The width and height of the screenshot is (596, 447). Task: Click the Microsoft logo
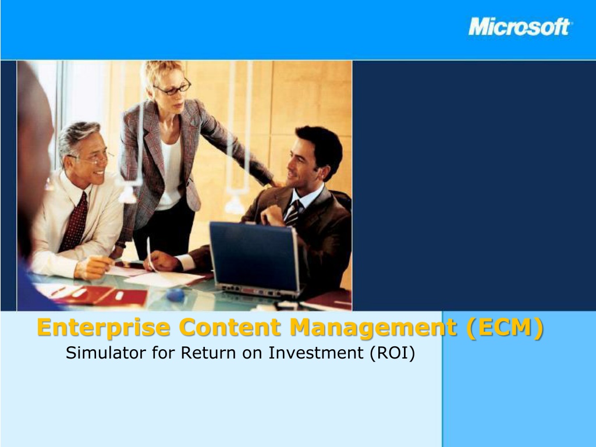(520, 27)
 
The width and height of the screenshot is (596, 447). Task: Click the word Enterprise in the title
(104, 328)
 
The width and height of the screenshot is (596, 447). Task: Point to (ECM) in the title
(505, 328)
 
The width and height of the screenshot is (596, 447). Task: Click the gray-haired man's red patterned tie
(74, 222)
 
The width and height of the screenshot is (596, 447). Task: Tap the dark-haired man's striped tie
(293, 213)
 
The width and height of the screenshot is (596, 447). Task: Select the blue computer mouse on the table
(175, 294)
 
